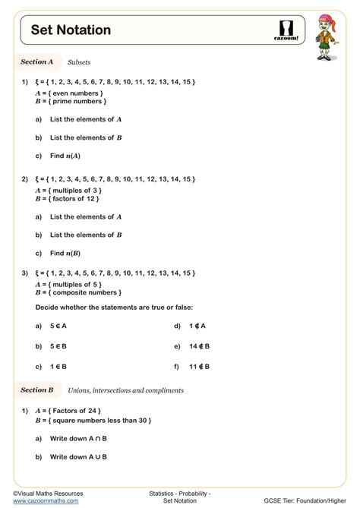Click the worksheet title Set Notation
71,30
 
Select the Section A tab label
37,62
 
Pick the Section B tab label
37,390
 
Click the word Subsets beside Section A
79,62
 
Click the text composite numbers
84,292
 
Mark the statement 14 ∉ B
200,346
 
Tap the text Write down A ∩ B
78,439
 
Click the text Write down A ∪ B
78,457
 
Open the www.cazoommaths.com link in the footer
46,501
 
